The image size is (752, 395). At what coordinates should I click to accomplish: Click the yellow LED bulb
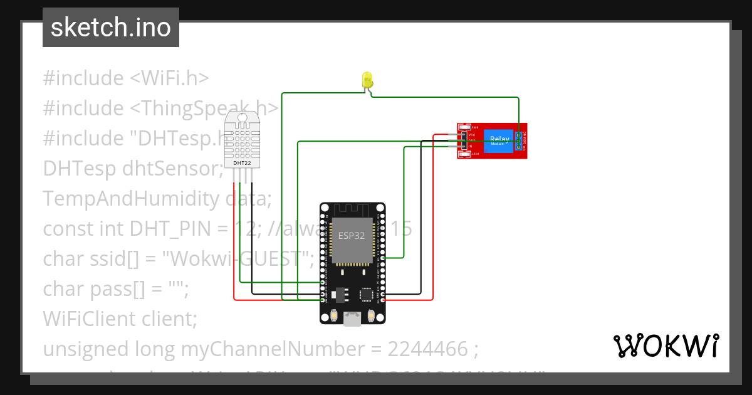tap(367, 80)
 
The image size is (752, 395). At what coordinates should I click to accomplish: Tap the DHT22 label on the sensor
tap(243, 163)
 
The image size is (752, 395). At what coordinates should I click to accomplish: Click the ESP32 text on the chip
tap(352, 236)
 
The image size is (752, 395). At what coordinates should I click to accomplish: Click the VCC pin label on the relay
tap(472, 135)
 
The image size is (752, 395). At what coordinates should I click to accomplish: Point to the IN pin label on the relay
tap(471, 146)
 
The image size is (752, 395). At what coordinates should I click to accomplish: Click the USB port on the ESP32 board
tap(352, 320)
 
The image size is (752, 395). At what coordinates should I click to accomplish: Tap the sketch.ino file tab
tap(111, 28)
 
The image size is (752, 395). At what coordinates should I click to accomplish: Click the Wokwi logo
tap(666, 345)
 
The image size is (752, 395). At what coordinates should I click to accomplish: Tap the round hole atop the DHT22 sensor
tap(243, 117)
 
